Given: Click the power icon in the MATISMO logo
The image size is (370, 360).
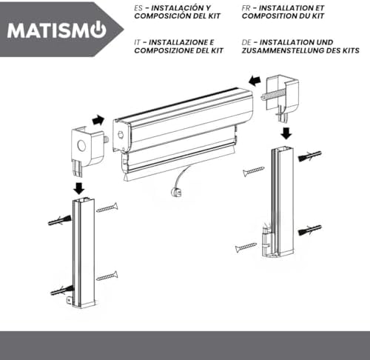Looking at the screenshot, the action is click(x=98, y=30).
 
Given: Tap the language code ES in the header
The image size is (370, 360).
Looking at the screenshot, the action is click(x=138, y=8).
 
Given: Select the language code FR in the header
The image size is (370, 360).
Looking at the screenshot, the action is click(x=246, y=8).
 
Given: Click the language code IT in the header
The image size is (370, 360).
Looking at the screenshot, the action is click(x=137, y=42).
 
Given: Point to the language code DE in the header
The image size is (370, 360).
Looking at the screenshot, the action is click(x=246, y=42).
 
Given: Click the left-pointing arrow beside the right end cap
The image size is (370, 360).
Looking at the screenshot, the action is click(x=255, y=80).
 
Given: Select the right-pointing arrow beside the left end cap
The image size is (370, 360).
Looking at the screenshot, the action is click(x=98, y=120).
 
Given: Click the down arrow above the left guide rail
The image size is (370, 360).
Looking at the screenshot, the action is click(x=79, y=188).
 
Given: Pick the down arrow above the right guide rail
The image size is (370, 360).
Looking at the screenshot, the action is click(x=286, y=133).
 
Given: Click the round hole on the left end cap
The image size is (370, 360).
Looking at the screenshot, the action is click(x=81, y=146).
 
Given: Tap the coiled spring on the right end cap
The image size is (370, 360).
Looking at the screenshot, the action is click(x=274, y=95).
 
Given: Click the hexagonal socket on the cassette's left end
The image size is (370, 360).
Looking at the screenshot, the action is click(x=121, y=135).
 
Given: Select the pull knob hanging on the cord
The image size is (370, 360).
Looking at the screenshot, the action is click(x=176, y=192).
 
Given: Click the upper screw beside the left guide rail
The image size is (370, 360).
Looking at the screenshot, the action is click(x=107, y=207).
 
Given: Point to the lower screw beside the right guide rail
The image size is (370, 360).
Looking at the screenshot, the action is click(x=246, y=247).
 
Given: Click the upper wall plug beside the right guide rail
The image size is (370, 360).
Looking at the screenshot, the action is click(x=310, y=156).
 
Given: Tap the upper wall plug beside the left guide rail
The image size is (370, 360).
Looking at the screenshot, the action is click(x=60, y=220).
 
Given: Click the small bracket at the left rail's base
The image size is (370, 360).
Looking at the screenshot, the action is click(x=70, y=301).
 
